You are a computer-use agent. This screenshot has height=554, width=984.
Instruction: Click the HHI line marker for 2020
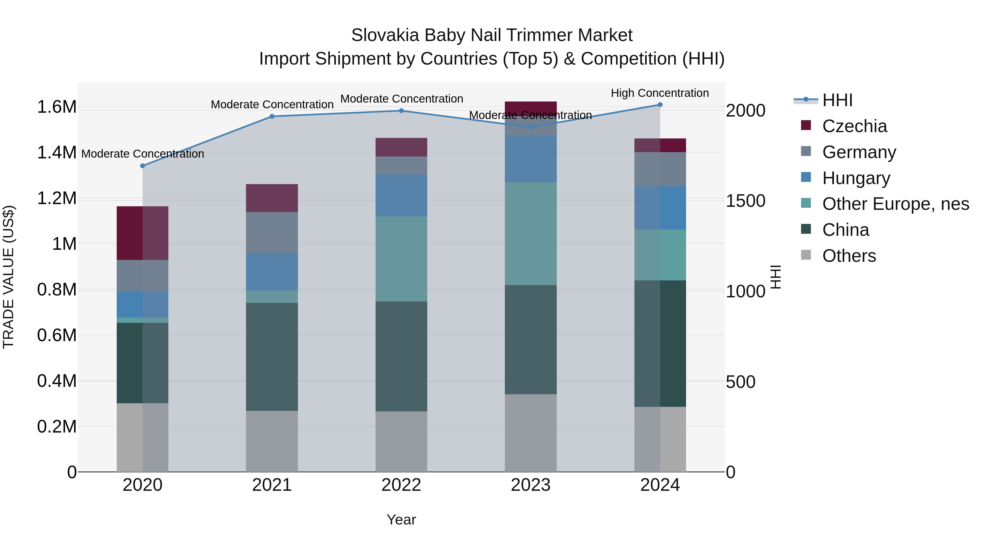(x=142, y=166)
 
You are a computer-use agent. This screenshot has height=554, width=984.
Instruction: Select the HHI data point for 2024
(x=660, y=105)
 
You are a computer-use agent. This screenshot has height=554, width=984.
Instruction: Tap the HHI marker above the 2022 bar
(x=401, y=111)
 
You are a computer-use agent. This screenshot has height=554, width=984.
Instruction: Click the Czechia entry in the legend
(x=854, y=126)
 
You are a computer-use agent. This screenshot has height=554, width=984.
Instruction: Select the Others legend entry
(x=849, y=256)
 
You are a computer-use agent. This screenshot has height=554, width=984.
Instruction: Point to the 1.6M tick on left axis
(x=57, y=107)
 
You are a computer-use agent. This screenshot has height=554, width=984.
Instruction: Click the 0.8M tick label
(x=57, y=290)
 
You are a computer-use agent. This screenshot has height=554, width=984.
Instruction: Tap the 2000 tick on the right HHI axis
(x=745, y=111)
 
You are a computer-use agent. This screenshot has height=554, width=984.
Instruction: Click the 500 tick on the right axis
(x=740, y=382)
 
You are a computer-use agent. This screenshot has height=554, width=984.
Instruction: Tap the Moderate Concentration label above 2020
(x=142, y=154)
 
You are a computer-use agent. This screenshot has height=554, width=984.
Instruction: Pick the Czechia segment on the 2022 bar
(x=401, y=147)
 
